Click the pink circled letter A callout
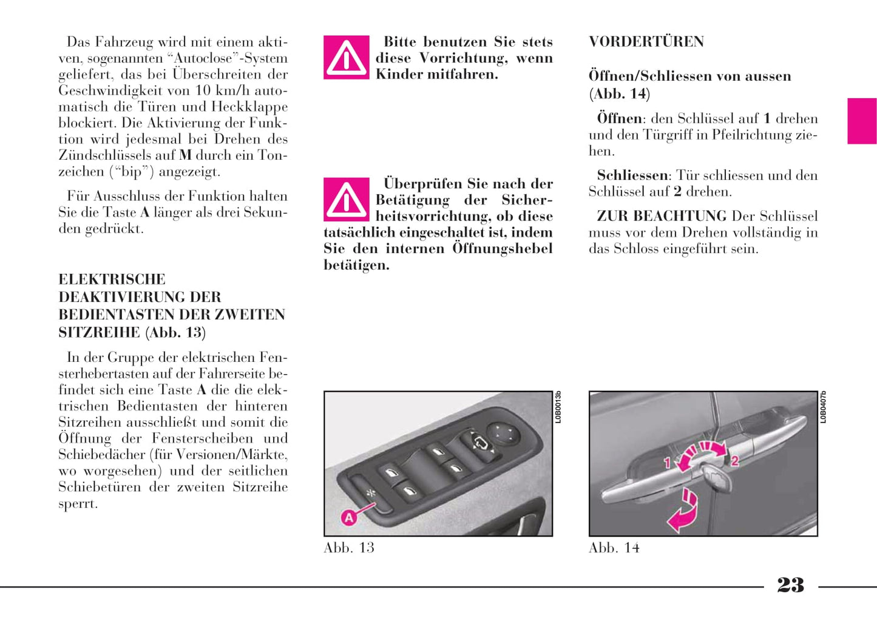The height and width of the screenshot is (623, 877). pyautogui.click(x=348, y=518)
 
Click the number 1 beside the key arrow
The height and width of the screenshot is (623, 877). pyautogui.click(x=666, y=463)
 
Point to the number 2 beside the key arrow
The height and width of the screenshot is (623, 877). pyautogui.click(x=734, y=461)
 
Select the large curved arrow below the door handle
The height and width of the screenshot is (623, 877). pyautogui.click(x=683, y=511)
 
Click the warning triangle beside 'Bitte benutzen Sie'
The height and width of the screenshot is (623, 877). pyautogui.click(x=346, y=58)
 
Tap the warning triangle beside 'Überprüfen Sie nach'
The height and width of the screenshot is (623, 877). pyautogui.click(x=346, y=199)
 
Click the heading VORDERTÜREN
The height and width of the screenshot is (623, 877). pyautogui.click(x=646, y=42)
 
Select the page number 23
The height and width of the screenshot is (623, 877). pyautogui.click(x=790, y=585)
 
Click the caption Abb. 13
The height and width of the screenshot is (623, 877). pyautogui.click(x=349, y=548)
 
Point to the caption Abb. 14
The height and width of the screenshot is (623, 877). pyautogui.click(x=614, y=548)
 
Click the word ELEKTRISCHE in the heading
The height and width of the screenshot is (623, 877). pyautogui.click(x=112, y=279)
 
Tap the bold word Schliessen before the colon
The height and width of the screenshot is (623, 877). pyautogui.click(x=632, y=175)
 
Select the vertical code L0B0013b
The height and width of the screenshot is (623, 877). pyautogui.click(x=558, y=407)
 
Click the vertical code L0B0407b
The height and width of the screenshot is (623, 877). pyautogui.click(x=823, y=407)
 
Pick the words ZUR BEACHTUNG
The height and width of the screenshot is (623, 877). pyautogui.click(x=662, y=216)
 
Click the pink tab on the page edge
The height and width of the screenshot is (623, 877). pyautogui.click(x=862, y=121)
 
